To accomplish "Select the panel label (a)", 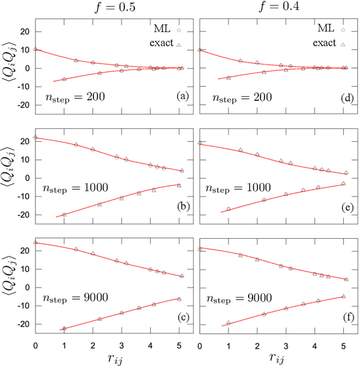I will click(x=181, y=96).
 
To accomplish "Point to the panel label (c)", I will click(x=181, y=316).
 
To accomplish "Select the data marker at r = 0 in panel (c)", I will click(x=36, y=243).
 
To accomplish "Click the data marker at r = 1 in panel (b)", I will click(x=64, y=215).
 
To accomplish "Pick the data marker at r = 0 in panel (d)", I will click(x=200, y=50).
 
